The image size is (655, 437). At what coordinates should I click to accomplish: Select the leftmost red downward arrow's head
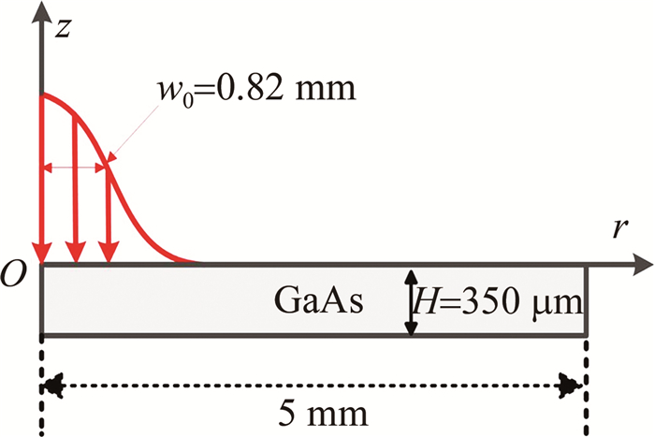[x=41, y=253]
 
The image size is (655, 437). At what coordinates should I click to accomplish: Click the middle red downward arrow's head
[x=75, y=253]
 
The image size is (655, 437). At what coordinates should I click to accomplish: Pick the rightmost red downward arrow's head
[x=110, y=253]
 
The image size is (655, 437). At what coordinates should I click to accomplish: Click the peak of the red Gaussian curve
[x=43, y=95]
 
